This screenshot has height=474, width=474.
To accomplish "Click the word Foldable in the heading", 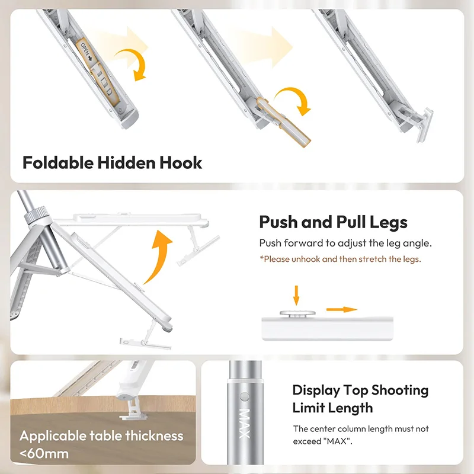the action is click(x=58, y=162).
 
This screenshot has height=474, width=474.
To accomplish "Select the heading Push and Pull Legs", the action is click(x=333, y=222).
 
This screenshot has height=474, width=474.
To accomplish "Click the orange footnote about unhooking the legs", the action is click(x=340, y=259).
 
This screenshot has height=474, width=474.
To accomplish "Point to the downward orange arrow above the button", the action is click(x=296, y=295).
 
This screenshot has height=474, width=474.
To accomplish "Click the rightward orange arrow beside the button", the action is click(x=342, y=309).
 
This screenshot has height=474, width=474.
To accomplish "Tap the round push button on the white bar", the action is click(x=297, y=314).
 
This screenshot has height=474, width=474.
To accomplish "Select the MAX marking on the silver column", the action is click(x=245, y=424).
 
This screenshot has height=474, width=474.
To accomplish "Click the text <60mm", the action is click(x=44, y=454).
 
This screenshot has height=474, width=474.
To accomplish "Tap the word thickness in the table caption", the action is click(x=154, y=436).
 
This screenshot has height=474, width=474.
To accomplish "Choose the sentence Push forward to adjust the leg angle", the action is click(x=345, y=243).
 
